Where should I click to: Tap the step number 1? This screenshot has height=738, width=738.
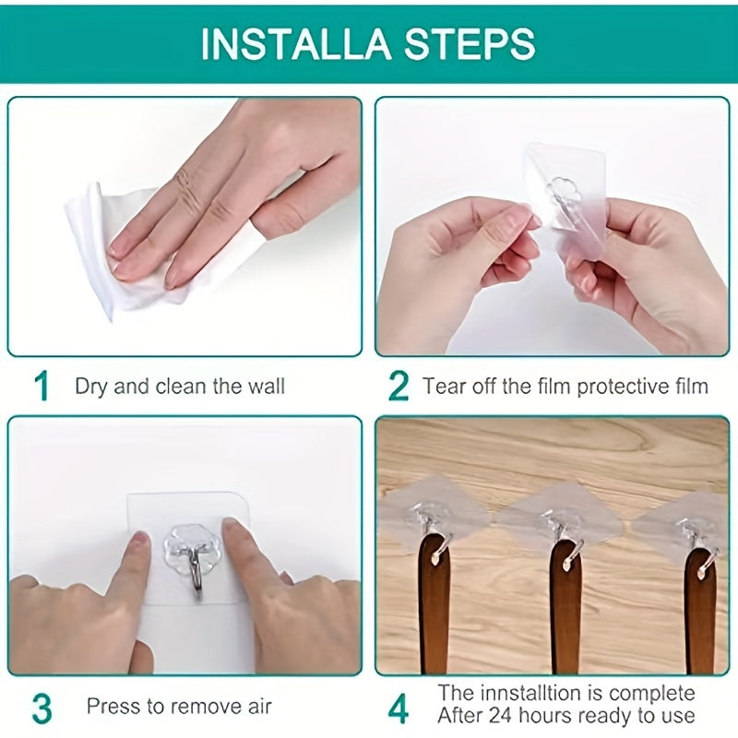click(x=41, y=386)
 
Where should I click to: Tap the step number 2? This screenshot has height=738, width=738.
click(x=398, y=386)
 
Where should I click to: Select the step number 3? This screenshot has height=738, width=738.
click(x=41, y=708)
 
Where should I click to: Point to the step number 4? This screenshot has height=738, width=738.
click(x=398, y=708)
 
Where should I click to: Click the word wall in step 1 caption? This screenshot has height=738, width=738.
click(x=266, y=386)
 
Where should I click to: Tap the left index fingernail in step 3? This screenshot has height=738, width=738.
click(x=138, y=542)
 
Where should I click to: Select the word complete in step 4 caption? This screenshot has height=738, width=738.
click(x=661, y=693)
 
